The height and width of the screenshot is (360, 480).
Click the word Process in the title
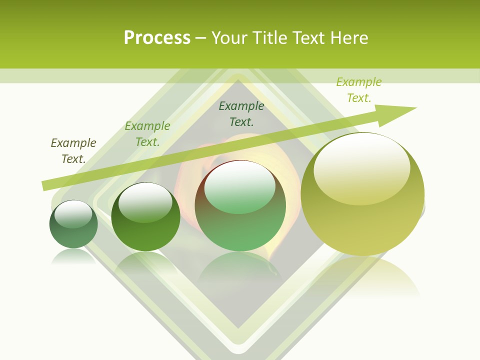coord(157,38)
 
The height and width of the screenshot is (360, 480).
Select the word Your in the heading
coord(230,38)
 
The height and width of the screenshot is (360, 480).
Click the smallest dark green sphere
coord(73,224)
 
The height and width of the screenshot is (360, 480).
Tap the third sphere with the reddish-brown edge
coord(240,206)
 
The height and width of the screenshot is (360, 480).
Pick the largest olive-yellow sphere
coord(362,194)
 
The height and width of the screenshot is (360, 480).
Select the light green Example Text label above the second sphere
coord(147,134)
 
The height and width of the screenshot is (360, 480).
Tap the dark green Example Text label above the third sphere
coord(241,113)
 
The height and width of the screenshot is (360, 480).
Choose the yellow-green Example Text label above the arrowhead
coord(359,90)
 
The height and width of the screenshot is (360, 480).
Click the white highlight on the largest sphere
coord(361,162)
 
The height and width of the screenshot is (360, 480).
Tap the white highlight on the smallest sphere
coord(73,213)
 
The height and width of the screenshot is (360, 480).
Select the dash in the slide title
coord(201,38)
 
